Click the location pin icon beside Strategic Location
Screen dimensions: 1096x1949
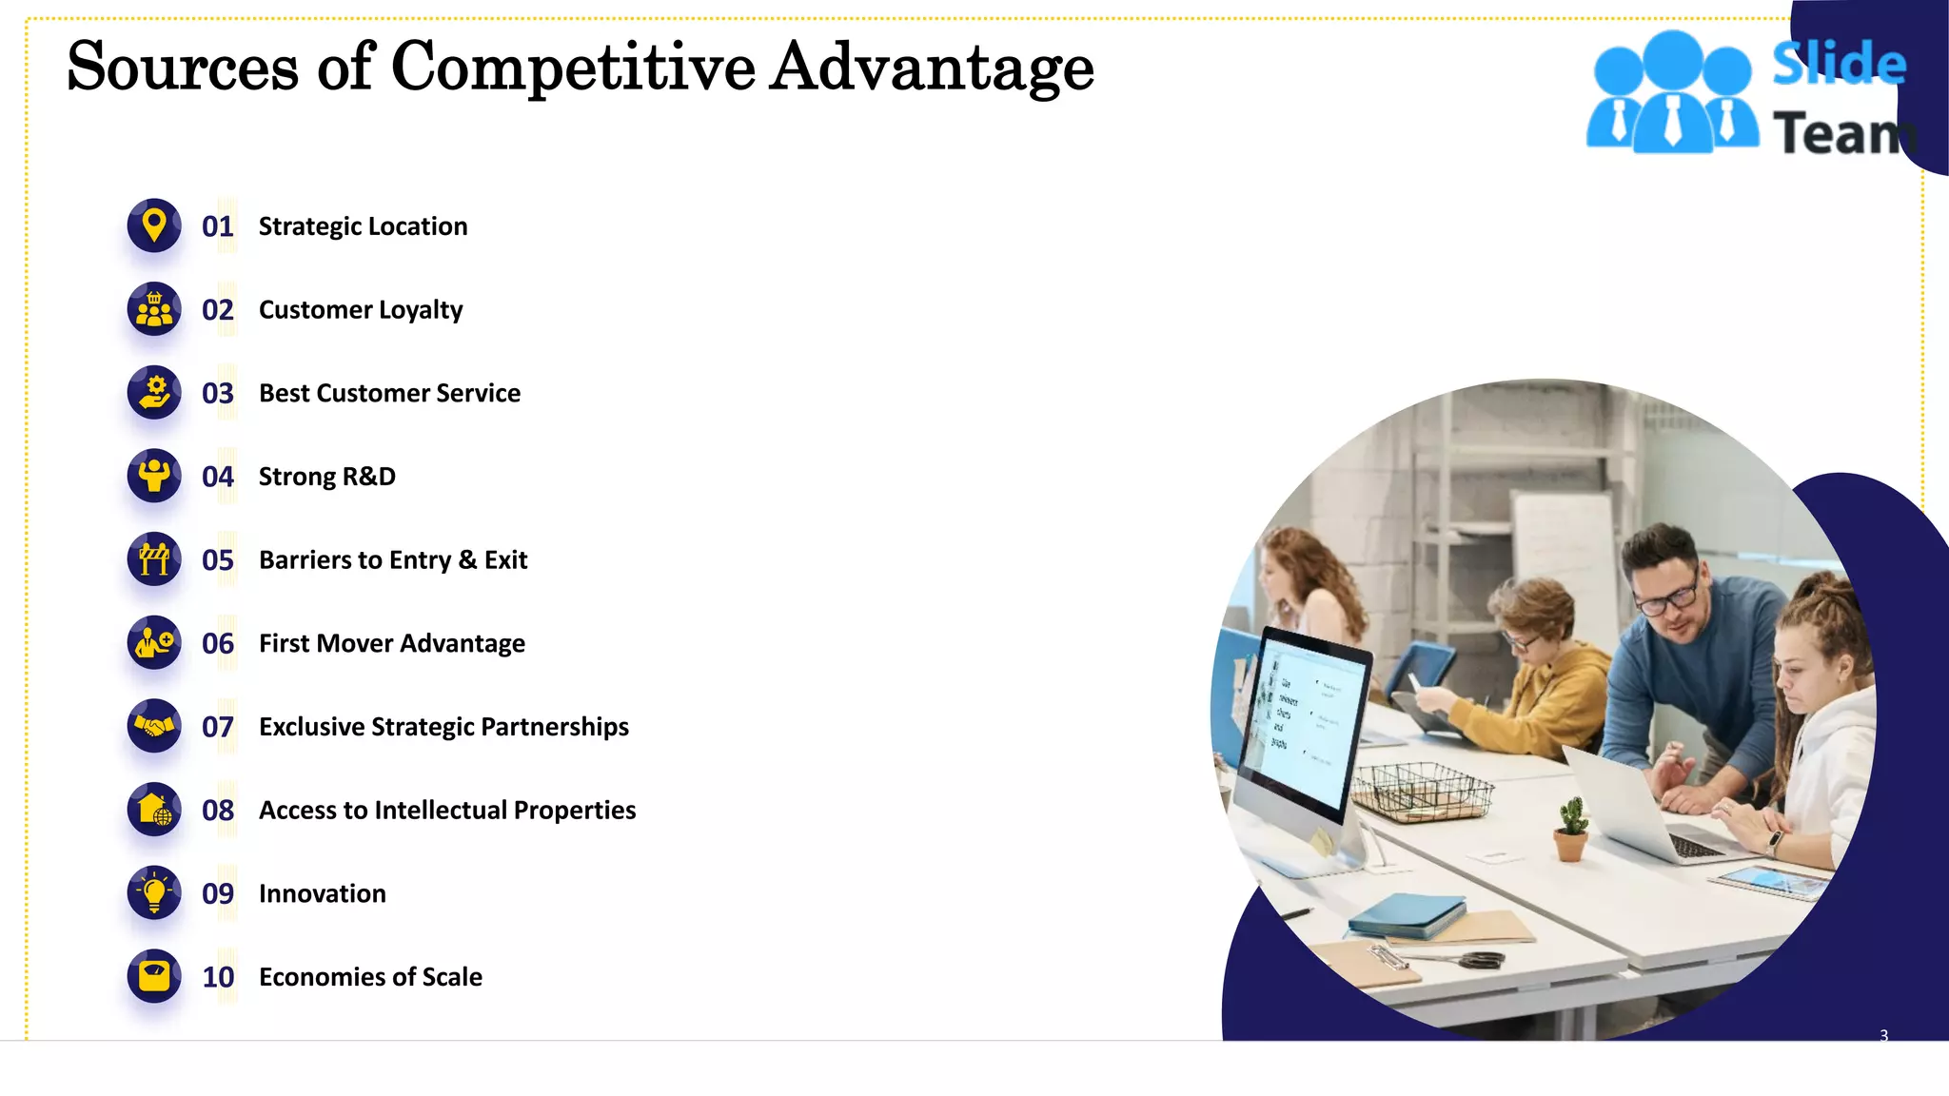[154, 225]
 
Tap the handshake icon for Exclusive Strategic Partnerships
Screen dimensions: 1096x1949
[154, 726]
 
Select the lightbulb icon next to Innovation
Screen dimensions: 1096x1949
[154, 892]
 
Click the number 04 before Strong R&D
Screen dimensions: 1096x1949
[218, 477]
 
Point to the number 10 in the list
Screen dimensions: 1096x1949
[218, 977]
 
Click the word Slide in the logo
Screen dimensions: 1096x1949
[1839, 63]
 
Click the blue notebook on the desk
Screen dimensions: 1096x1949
[1407, 914]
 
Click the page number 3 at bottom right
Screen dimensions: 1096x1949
[1883, 1035]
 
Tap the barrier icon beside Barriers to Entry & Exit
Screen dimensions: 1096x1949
[154, 559]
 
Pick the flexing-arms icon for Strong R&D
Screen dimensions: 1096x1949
[154, 476]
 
